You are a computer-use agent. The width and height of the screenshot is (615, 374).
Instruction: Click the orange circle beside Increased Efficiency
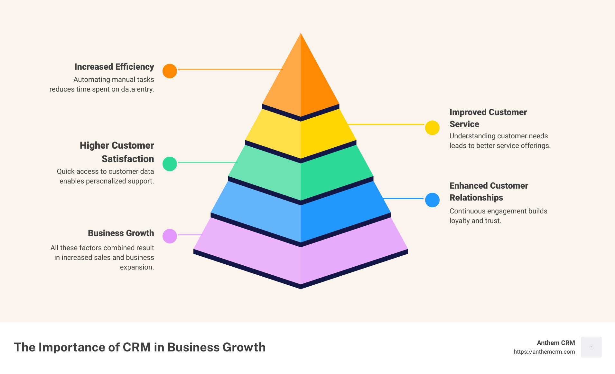(x=170, y=71)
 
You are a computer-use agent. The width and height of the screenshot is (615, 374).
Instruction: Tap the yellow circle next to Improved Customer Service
(x=432, y=128)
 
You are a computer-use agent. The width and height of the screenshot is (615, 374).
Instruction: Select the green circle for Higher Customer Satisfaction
(x=170, y=164)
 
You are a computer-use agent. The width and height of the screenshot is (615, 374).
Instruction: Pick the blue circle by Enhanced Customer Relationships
(x=432, y=200)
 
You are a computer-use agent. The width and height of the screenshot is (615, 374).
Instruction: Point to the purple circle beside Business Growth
(x=170, y=236)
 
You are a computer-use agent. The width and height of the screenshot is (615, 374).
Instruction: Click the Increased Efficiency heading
(x=114, y=67)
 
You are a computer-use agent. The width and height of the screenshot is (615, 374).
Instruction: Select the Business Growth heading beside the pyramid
(x=121, y=233)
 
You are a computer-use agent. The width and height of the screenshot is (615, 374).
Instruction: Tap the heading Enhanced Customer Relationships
(x=489, y=192)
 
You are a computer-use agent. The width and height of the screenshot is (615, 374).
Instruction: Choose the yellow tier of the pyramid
(x=301, y=135)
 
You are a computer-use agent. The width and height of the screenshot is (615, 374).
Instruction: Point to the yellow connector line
(x=386, y=124)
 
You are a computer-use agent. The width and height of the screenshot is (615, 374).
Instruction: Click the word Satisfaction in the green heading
(x=128, y=159)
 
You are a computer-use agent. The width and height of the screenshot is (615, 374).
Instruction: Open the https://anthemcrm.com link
(x=544, y=352)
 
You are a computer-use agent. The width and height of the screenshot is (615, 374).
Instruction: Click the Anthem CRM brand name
(x=556, y=343)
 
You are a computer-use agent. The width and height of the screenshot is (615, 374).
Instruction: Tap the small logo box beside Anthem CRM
(x=591, y=347)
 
